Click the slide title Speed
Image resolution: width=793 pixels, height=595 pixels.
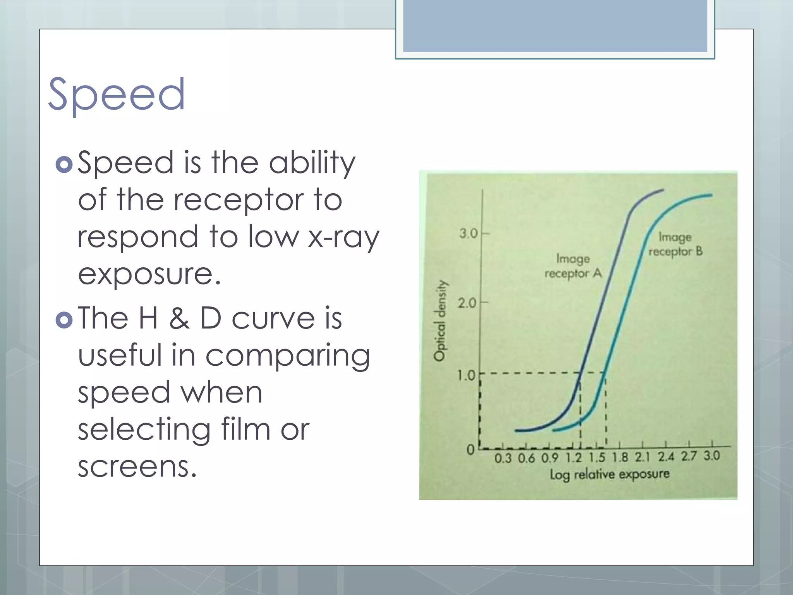[x=116, y=94]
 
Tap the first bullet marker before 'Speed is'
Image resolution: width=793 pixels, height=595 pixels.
[x=64, y=164]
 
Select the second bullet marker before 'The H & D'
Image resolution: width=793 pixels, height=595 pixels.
[x=64, y=320]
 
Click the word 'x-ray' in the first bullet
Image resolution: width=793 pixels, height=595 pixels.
[x=343, y=237]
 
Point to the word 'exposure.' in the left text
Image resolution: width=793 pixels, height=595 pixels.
[x=149, y=274]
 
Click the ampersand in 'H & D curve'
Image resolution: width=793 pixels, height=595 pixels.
[x=179, y=318]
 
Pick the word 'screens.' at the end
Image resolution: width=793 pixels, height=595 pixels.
[x=137, y=466]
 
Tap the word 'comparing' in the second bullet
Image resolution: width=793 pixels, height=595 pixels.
[x=287, y=356]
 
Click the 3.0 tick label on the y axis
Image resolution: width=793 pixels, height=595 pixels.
[x=469, y=234]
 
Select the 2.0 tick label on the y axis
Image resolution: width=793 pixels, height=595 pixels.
[x=467, y=303]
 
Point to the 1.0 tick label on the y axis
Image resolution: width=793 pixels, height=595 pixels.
[x=466, y=375]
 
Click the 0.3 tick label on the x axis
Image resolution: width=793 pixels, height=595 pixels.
[x=503, y=459]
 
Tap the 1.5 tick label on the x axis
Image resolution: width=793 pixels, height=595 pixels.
[x=597, y=457]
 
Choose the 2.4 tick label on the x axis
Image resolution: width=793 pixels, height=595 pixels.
[x=666, y=457]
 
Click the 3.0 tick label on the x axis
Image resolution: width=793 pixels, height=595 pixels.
[x=712, y=456]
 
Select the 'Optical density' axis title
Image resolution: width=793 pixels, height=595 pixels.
[x=440, y=321]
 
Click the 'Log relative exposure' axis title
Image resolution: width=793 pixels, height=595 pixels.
[x=609, y=474]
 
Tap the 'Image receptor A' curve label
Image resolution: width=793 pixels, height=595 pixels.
[x=573, y=266]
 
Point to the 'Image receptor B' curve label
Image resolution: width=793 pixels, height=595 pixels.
[x=675, y=244]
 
